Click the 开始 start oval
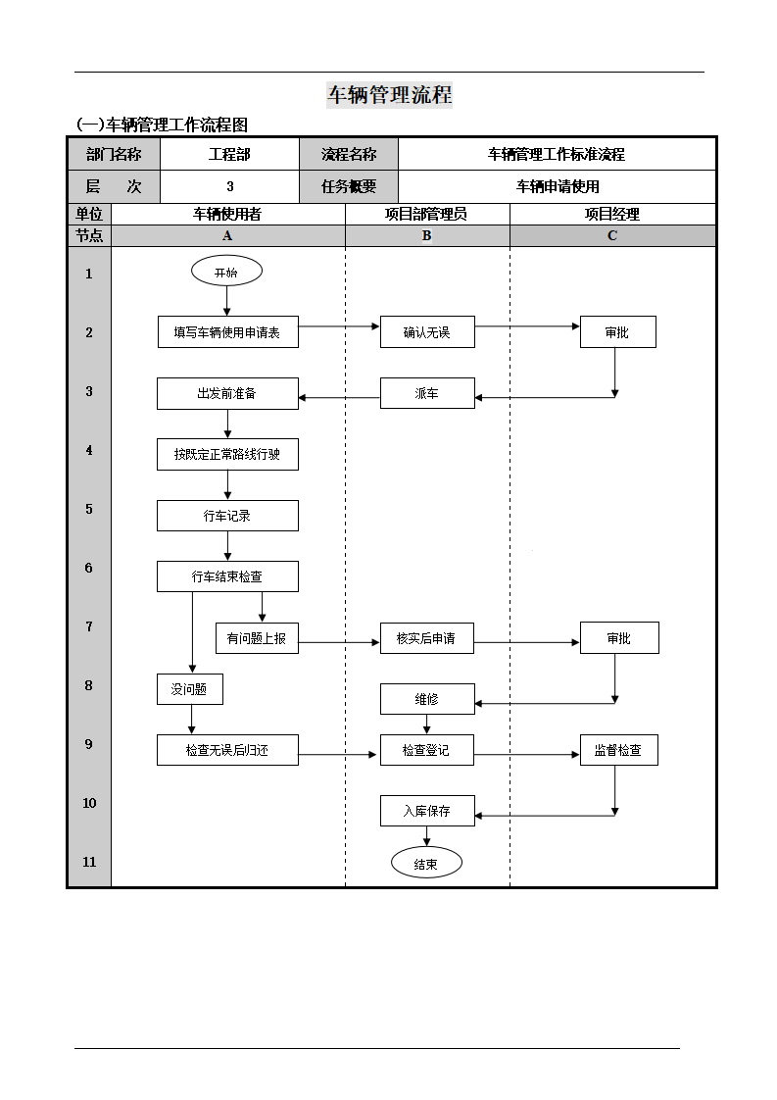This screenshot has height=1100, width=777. (226, 272)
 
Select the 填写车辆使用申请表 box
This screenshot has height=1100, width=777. (228, 331)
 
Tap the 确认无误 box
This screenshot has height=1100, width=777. (427, 331)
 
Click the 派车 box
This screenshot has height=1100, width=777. (427, 393)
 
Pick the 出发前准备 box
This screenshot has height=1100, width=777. (227, 393)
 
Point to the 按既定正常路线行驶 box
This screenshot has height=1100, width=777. (227, 455)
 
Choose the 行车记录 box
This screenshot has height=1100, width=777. (227, 516)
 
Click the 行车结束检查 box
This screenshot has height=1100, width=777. (227, 576)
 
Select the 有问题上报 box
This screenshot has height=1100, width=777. (257, 638)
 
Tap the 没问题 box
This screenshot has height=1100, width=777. (190, 689)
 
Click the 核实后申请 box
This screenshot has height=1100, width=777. (427, 638)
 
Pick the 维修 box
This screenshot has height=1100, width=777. (427, 699)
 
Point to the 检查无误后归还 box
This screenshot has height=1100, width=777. (227, 750)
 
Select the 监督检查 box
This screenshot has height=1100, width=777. (618, 750)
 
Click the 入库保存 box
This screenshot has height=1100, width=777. (427, 811)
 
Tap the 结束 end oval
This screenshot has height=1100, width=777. (426, 864)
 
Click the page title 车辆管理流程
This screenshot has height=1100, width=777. (389, 95)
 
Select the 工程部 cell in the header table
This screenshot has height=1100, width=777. (229, 154)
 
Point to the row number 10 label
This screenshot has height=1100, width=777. (89, 803)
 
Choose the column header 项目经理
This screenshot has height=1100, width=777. (612, 214)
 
